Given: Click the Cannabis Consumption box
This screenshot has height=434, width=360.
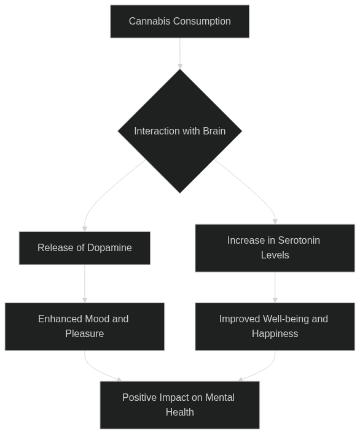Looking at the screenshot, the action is (180, 21).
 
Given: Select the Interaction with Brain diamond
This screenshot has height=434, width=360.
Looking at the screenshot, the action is (180, 131).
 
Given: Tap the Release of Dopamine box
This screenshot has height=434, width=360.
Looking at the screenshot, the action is (85, 248).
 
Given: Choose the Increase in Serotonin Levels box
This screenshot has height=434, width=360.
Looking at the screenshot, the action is (275, 248).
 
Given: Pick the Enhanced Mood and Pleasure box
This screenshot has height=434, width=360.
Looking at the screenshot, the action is (85, 327).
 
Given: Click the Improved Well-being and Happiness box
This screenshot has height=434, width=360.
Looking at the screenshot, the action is (275, 327).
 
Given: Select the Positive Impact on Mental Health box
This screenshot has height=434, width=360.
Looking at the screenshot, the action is (180, 405).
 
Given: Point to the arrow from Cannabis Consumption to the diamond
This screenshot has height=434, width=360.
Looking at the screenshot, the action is (180, 53).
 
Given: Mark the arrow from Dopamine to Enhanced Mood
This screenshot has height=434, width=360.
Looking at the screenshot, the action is (85, 284).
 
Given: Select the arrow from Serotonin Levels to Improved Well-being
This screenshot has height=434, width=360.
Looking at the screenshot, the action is (275, 287).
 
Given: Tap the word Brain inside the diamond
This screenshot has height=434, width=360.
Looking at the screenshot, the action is (214, 131).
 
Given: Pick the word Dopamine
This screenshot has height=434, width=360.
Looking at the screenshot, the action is (109, 248).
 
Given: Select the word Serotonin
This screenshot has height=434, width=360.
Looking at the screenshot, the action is (299, 240).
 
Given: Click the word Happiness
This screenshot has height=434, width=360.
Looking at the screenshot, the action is (275, 333).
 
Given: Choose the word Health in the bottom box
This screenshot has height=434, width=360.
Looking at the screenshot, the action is (180, 412).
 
